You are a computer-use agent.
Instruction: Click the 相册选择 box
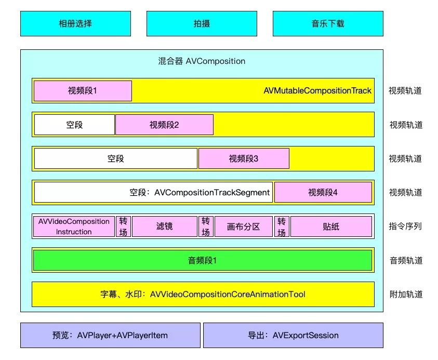click(75, 23)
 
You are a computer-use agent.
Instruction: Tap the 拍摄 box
click(202, 23)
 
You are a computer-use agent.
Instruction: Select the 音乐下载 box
click(328, 23)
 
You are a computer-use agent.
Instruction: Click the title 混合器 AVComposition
click(202, 61)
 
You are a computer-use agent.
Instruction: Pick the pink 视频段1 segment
click(83, 91)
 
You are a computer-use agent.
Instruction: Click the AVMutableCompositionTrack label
click(317, 91)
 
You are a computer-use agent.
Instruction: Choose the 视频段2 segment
click(164, 125)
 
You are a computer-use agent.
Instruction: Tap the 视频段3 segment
click(244, 158)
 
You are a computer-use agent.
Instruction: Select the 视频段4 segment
click(323, 192)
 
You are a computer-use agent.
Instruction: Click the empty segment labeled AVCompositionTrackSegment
click(153, 192)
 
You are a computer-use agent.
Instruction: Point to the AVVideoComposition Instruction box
click(74, 226)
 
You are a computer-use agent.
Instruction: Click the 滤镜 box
click(165, 226)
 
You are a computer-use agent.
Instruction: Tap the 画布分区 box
click(244, 226)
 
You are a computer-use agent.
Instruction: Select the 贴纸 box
click(331, 226)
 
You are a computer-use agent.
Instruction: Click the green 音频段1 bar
click(203, 260)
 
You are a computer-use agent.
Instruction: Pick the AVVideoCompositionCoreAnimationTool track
click(203, 295)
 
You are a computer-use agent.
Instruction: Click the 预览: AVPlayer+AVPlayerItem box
click(110, 335)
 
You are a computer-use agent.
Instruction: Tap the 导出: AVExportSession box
click(294, 335)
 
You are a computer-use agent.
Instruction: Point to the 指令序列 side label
click(405, 226)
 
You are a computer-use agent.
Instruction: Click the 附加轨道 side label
click(406, 294)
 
